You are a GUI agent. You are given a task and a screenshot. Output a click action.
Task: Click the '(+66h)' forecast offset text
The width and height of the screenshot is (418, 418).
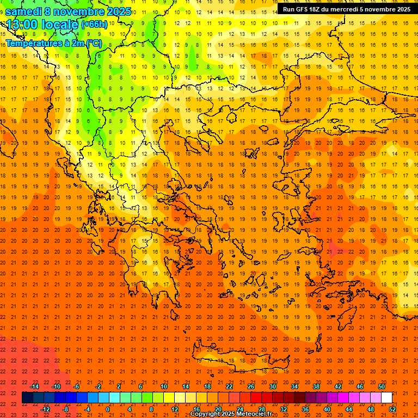(x=95, y=24)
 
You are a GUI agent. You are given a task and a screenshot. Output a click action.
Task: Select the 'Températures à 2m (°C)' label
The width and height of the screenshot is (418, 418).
(x=53, y=42)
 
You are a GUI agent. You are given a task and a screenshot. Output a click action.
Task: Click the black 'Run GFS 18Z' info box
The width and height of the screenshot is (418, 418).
(x=346, y=9)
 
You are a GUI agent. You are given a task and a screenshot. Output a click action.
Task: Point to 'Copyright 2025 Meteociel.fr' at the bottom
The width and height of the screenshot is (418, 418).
(x=231, y=414)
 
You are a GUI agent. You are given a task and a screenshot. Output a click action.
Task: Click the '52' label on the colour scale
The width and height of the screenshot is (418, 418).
(x=392, y=409)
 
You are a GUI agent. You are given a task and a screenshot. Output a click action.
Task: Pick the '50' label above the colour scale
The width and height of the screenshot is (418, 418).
(x=382, y=386)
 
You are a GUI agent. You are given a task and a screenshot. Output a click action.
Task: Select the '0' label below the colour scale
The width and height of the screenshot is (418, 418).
(x=108, y=409)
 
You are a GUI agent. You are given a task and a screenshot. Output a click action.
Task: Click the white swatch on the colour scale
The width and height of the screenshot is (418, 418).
(x=387, y=398)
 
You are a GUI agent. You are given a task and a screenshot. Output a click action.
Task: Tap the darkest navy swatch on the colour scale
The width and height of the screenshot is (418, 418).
(x=28, y=398)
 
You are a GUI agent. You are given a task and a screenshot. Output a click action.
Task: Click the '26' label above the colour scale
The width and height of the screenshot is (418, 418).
(x=251, y=386)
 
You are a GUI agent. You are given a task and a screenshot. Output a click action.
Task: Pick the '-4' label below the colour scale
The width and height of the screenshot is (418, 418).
(x=87, y=409)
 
